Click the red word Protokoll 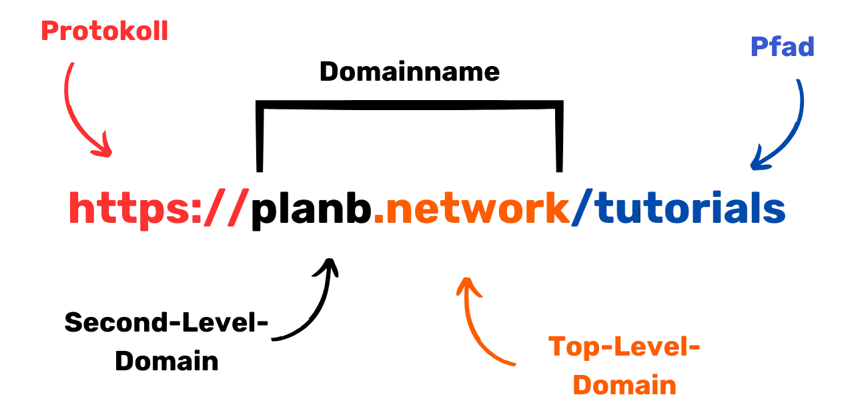tap(105, 31)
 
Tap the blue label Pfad tap(783, 47)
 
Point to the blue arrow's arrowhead tap(757, 161)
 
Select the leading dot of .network tap(378, 219)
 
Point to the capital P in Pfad tap(757, 47)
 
